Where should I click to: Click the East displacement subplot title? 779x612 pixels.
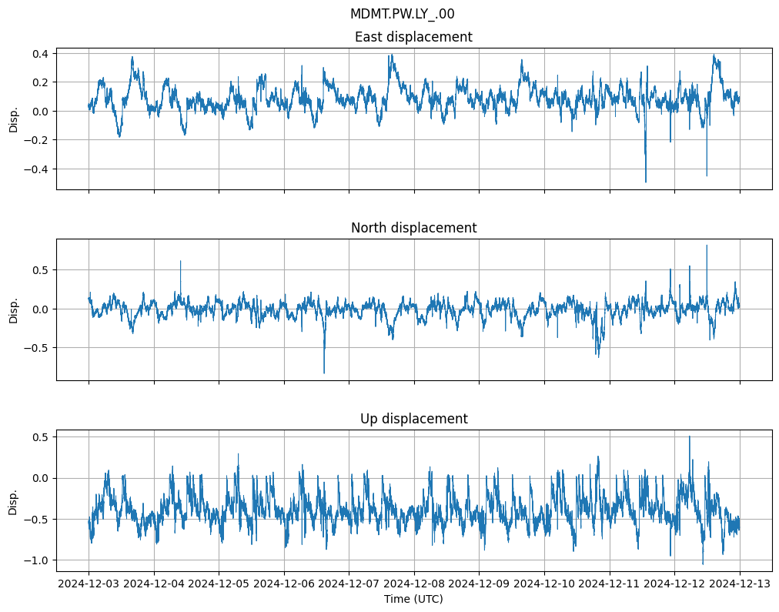(413, 37)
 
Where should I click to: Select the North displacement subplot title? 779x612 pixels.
(413, 228)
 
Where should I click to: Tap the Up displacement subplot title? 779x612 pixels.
(413, 419)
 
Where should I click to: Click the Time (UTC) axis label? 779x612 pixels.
(413, 599)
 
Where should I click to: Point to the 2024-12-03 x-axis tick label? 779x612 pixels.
(89, 584)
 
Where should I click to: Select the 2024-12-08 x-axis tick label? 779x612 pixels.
(414, 584)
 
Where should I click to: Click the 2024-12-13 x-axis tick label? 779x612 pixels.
(740, 584)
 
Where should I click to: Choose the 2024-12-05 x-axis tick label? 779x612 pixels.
(219, 584)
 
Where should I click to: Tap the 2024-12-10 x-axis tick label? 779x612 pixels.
(544, 584)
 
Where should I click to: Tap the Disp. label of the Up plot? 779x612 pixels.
(13, 500)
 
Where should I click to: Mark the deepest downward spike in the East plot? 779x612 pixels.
(645, 182)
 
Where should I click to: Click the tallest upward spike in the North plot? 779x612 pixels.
(707, 246)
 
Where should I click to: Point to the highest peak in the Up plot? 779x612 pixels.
(689, 436)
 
